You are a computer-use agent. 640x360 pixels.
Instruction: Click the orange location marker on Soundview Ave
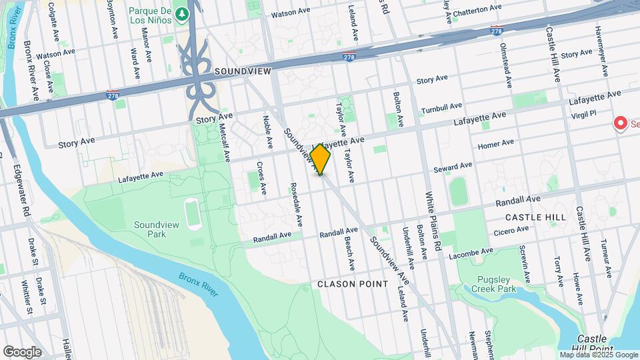pyautogui.click(x=320, y=160)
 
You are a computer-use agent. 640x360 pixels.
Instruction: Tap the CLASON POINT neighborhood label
pyautogui.click(x=353, y=284)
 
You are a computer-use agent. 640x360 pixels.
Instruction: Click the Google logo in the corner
pyautogui.click(x=22, y=351)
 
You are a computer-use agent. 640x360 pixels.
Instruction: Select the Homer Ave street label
pyautogui.click(x=496, y=143)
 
